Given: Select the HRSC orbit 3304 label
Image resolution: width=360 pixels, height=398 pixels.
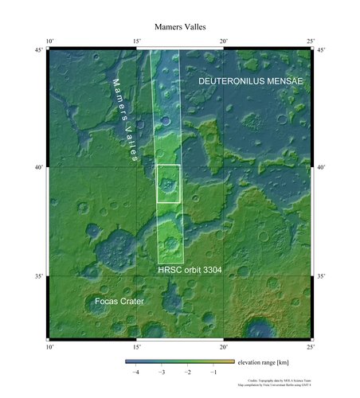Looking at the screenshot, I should coord(189,271).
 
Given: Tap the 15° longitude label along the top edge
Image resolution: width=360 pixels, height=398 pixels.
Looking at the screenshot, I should coord(136,41).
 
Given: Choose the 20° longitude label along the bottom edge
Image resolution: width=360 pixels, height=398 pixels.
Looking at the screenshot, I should coord(224,347).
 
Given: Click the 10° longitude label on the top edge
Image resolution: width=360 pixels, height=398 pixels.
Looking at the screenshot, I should coord(49,41).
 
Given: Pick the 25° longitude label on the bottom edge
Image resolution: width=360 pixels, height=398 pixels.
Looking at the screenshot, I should coord(311,347).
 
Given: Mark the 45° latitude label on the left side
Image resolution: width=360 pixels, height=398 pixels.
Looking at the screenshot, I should coord(37,51).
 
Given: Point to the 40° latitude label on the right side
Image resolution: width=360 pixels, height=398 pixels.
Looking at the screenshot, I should coord(321,167).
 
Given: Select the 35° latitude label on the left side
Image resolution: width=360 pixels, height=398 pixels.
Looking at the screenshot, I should coord(37,276).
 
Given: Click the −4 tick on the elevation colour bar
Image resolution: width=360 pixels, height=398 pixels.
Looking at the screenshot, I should coord(136,372).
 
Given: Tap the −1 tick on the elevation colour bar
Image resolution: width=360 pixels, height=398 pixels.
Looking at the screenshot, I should coord(213,372).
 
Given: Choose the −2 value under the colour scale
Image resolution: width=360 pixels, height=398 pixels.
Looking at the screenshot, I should coord(188,372).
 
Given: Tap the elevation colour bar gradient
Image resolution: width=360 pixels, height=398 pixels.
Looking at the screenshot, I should coord(179,361).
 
